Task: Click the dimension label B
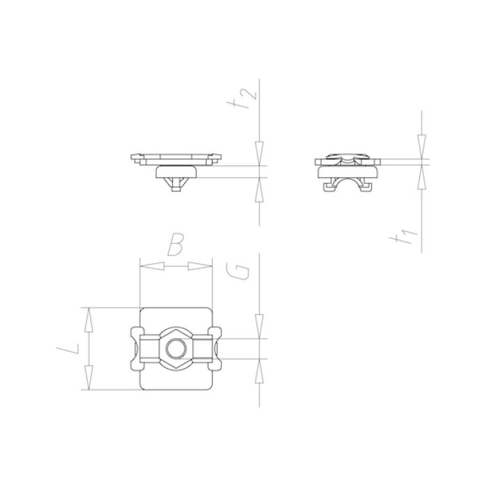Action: pos(176,244)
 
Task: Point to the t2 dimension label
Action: pos(246,98)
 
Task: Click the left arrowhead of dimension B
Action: pos(152,266)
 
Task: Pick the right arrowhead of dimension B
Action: pos(200,266)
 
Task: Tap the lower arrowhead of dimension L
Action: pos(89,378)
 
